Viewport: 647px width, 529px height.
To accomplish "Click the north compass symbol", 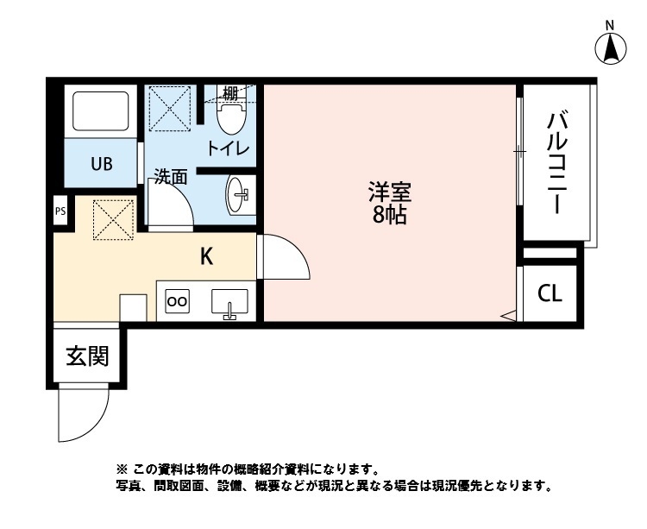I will pyautogui.click(x=611, y=48).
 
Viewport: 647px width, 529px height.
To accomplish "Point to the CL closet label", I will pyautogui.click(x=550, y=293).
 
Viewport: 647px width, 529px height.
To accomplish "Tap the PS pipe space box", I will pyautogui.click(x=60, y=210).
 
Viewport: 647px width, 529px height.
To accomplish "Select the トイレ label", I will pyautogui.click(x=228, y=149).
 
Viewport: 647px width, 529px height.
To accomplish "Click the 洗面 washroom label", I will pyautogui.click(x=171, y=177).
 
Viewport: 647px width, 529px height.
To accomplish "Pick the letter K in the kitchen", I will pyautogui.click(x=207, y=255).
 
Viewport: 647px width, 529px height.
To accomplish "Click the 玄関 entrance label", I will pyautogui.click(x=87, y=355).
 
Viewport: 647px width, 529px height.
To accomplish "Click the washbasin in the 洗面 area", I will pyautogui.click(x=237, y=194).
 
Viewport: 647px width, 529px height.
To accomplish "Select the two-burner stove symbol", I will pyautogui.click(x=178, y=301).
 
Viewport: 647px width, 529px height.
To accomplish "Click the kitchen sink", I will pyautogui.click(x=229, y=303).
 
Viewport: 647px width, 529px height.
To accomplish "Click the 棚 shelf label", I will pyautogui.click(x=230, y=92).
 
